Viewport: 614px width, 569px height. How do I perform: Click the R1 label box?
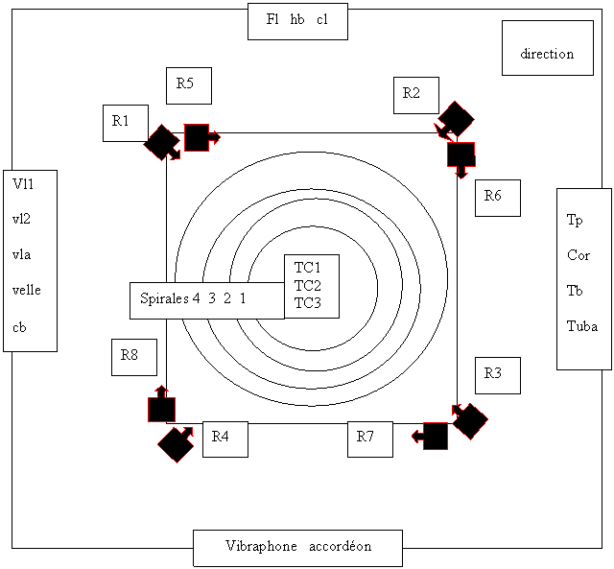pos(125,122)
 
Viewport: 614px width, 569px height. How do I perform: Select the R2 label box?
pos(415,95)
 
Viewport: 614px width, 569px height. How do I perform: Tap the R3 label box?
pos(497,375)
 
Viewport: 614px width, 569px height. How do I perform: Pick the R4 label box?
pos(224,439)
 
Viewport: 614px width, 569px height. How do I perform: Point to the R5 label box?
pos(188,85)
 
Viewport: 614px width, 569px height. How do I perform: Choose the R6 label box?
pos(497,198)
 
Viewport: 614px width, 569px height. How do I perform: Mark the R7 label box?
pos(369,439)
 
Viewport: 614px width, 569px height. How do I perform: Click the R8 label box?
pos(133,357)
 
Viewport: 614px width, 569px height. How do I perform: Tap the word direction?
pos(547,54)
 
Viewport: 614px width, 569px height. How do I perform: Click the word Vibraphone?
pos(261,547)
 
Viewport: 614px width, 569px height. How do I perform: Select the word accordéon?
pos(341,547)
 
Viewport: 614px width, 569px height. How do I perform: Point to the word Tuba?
pos(582,326)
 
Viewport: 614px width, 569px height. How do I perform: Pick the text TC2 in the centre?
pos(308,285)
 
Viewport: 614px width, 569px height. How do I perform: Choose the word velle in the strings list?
pos(27,291)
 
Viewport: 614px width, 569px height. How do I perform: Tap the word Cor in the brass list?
pos(579,255)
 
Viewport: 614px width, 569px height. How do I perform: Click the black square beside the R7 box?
pos(435,436)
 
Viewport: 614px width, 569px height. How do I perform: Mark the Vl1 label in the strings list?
pos(23,183)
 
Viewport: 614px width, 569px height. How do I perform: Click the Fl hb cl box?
pos(297,20)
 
